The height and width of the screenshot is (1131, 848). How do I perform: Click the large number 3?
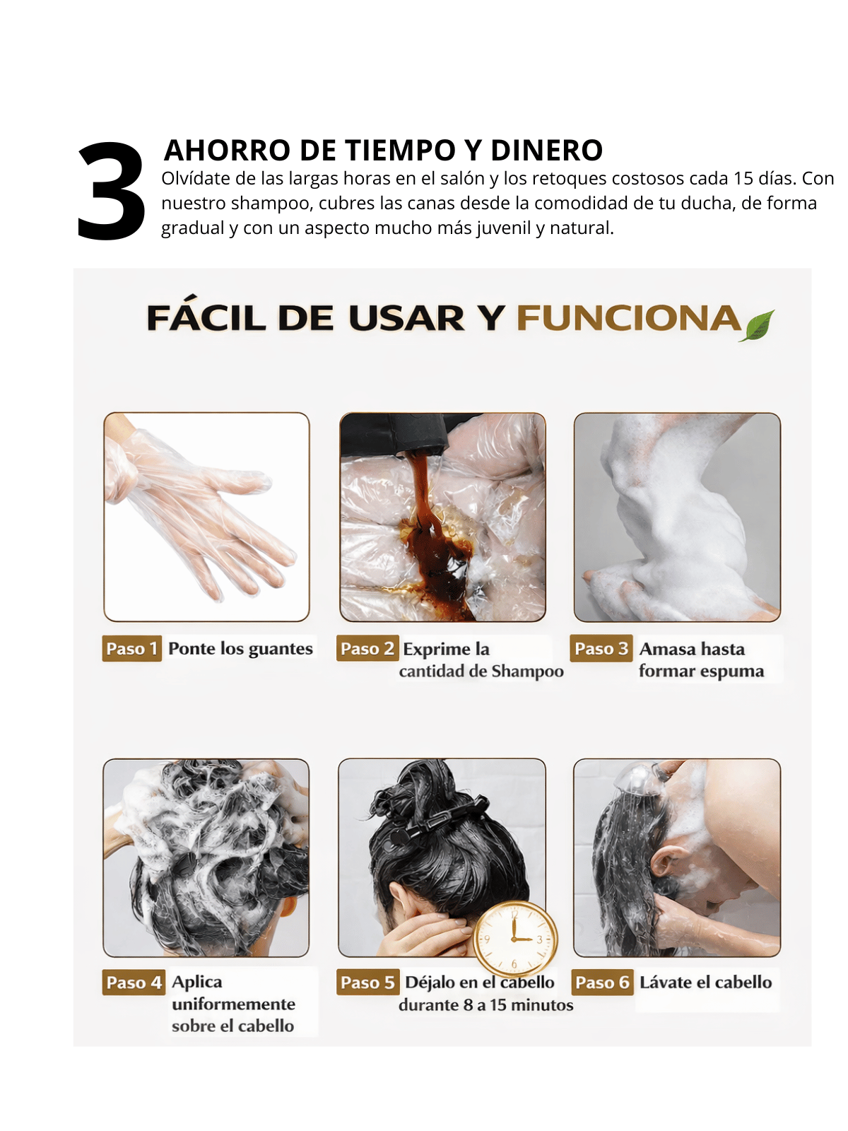point(112,191)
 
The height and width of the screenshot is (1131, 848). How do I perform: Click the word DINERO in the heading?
point(546,150)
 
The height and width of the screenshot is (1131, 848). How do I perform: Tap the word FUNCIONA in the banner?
point(629,317)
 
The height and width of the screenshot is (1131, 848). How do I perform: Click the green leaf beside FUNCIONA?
point(756,325)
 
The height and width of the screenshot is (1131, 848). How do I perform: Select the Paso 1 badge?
point(132,648)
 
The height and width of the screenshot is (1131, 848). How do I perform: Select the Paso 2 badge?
point(367,648)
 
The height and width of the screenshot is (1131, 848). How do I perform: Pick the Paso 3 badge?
point(601,648)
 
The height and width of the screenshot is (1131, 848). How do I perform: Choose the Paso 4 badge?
point(134,982)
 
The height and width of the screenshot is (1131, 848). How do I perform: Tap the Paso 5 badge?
point(367,982)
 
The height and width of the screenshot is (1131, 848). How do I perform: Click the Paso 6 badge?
point(602,982)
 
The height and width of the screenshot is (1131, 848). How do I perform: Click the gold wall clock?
point(514,939)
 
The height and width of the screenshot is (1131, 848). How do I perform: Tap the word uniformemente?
point(234,1004)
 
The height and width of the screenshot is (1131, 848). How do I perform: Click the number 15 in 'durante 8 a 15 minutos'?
point(500,1005)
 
